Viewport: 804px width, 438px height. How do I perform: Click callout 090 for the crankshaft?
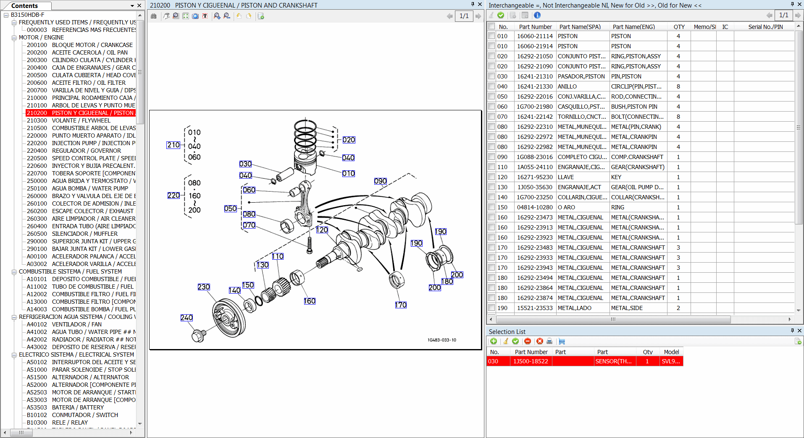380,181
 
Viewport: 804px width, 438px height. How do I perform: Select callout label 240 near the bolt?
187,318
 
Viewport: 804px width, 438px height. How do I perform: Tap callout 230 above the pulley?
204,287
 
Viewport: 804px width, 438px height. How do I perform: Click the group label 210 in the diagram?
173,145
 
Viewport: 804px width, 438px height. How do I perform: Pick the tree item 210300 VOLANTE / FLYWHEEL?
81,120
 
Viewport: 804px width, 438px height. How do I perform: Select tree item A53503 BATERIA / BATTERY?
65,407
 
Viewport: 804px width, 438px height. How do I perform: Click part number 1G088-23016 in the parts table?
534,157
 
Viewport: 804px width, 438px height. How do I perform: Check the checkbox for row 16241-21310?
491,76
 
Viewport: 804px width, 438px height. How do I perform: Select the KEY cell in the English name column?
616,177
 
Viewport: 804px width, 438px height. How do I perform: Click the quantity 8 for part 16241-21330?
678,86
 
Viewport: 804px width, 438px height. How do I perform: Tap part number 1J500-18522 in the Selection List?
531,361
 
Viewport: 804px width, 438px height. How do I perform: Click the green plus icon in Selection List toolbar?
494,342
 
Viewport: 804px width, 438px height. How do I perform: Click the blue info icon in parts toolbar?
537,16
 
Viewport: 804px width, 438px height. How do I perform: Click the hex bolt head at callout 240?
197,336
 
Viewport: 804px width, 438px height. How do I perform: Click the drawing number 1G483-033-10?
441,340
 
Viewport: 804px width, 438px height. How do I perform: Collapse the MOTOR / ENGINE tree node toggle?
14,37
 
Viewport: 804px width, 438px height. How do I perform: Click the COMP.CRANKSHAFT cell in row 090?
637,157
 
